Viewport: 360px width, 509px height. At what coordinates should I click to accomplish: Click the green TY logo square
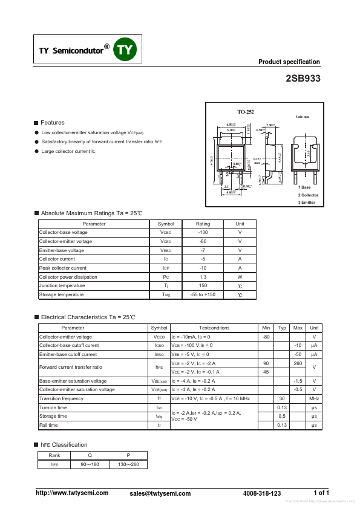pos(126,51)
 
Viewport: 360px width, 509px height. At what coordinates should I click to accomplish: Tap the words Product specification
pos(289,62)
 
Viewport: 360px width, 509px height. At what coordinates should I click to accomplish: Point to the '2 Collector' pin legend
pos(308,195)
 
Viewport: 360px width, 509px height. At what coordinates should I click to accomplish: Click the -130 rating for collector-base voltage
pos(203,233)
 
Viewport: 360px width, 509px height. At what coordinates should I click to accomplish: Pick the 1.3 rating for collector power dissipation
pos(203,276)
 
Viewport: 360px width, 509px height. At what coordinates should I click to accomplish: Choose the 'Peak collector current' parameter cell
pos(63,268)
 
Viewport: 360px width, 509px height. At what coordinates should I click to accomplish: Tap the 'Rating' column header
pos(203,224)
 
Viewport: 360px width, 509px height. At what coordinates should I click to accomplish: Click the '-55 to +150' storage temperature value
pos(203,294)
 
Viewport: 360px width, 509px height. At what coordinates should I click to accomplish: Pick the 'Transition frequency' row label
pos(61,399)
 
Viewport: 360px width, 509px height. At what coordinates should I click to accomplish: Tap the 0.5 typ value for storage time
pos(281,417)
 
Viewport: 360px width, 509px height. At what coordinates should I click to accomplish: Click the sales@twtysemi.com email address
pos(160,494)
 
